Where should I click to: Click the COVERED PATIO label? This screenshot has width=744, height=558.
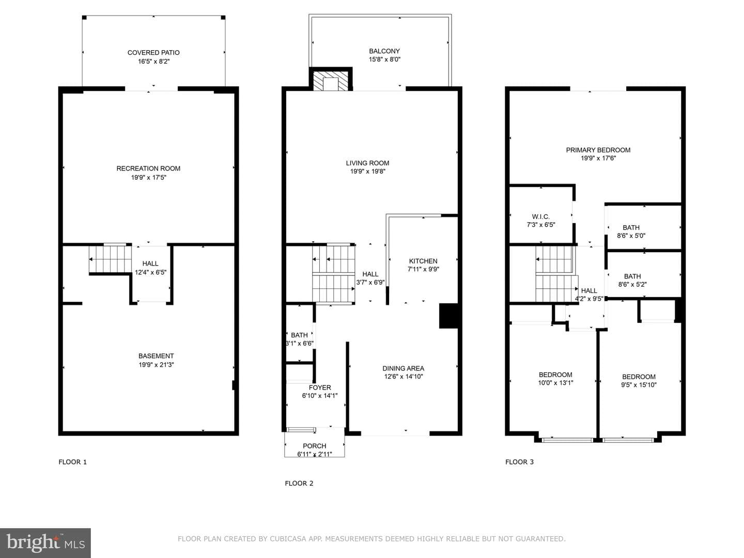point(153,53)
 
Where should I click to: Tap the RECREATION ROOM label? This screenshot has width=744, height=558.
point(148,168)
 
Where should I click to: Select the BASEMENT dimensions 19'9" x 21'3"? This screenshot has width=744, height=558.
point(156,365)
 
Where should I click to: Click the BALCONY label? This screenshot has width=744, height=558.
point(384,51)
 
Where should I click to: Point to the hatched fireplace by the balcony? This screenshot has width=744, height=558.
point(331,81)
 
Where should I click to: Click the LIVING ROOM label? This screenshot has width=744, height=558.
point(367,163)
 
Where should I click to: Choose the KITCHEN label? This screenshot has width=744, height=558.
point(423,261)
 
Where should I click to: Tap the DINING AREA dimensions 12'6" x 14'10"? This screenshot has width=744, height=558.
point(404,376)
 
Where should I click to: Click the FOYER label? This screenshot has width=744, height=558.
point(320,388)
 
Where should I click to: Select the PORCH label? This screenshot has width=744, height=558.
point(315,446)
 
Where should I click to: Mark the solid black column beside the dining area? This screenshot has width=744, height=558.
point(448,316)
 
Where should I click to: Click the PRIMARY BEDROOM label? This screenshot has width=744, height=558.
point(598,150)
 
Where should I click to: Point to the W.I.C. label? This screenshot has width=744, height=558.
point(540,216)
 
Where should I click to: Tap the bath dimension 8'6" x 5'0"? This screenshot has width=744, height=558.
point(631,236)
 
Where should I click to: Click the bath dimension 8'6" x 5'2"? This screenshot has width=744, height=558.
point(632,284)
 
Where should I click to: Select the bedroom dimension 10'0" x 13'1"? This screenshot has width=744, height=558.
point(555,382)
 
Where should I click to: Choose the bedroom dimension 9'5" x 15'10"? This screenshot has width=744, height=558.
point(639,384)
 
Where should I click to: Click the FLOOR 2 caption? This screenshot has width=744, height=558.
point(299,483)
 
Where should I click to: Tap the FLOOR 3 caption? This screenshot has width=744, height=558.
point(519,462)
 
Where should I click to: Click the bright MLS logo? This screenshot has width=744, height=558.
point(45,542)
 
